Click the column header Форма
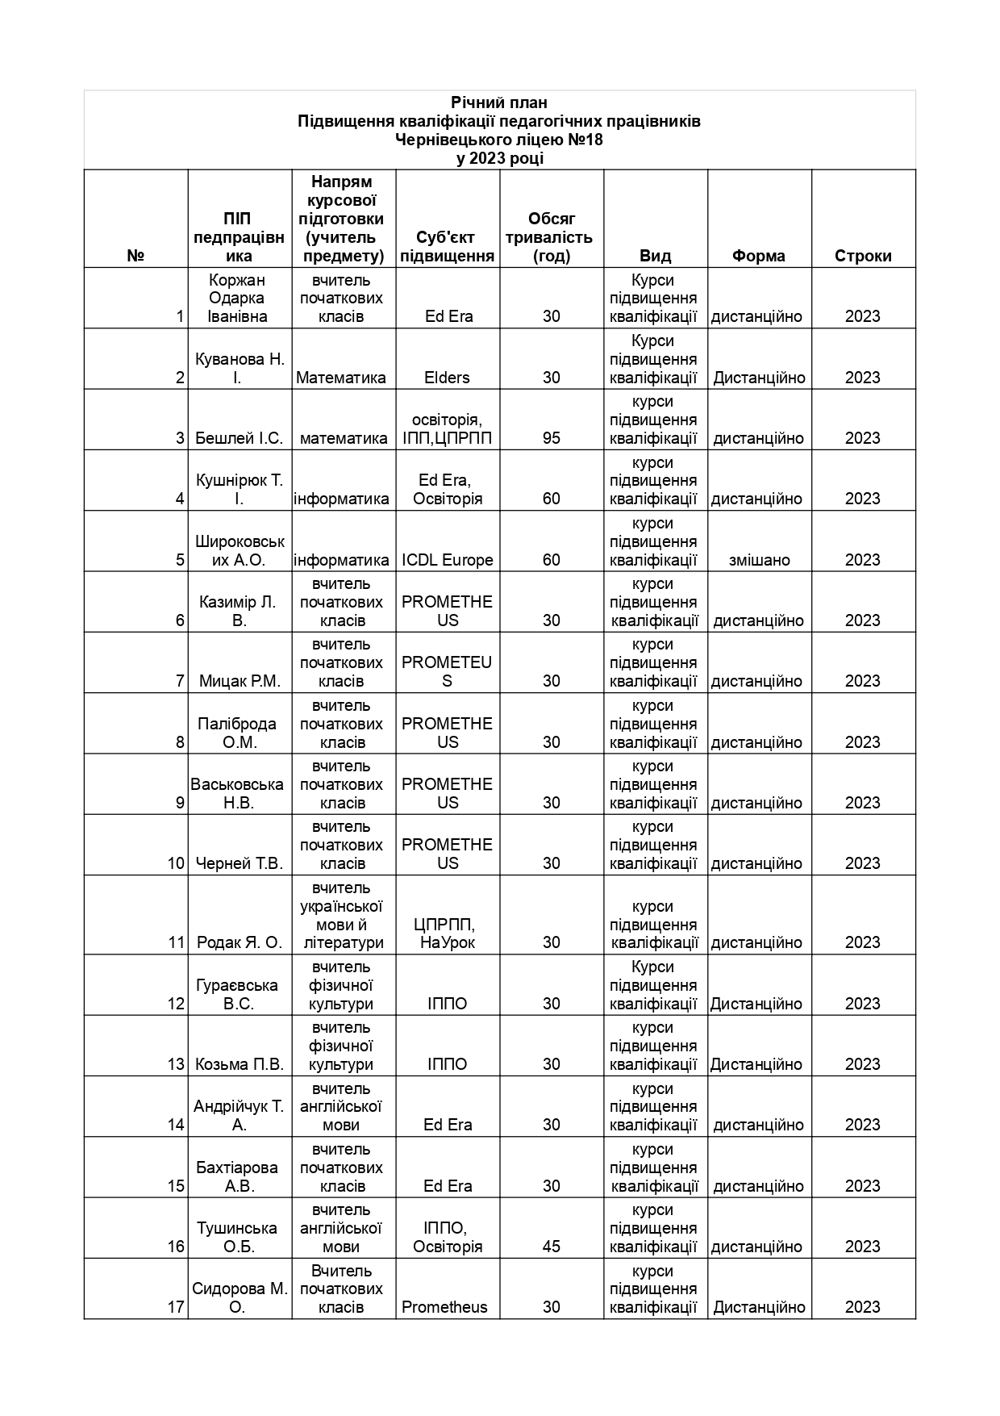click(x=758, y=256)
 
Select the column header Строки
click(x=863, y=256)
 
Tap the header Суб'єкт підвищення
click(x=447, y=247)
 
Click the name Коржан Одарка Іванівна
click(x=237, y=299)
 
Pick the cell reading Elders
click(x=447, y=378)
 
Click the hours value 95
click(x=552, y=438)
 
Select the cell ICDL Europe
click(x=447, y=560)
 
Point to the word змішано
click(x=759, y=560)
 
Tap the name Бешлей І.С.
click(x=239, y=438)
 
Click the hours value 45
click(x=552, y=1247)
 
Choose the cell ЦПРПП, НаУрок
click(x=447, y=934)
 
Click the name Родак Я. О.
click(x=239, y=942)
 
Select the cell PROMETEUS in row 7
click(x=447, y=671)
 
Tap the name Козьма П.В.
click(x=240, y=1064)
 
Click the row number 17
click(x=176, y=1307)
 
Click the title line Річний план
click(x=499, y=102)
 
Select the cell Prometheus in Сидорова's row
click(x=444, y=1307)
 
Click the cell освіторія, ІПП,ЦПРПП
click(x=447, y=429)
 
